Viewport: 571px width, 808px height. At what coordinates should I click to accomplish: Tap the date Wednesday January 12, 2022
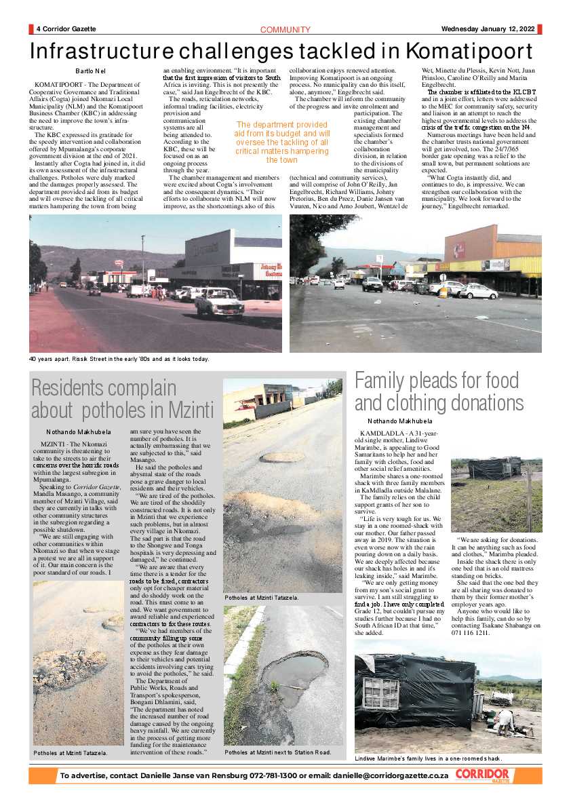tap(487, 29)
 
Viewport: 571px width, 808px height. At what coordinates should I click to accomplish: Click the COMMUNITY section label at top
tap(285, 30)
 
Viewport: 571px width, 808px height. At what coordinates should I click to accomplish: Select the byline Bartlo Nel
tap(90, 71)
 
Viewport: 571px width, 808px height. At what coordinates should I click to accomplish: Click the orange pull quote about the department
tap(281, 142)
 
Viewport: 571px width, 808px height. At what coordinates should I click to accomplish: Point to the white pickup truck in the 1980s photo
tap(218, 303)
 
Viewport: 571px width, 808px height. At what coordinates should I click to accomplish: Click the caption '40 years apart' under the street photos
tap(119, 359)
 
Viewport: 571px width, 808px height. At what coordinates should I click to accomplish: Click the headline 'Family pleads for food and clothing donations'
tap(439, 391)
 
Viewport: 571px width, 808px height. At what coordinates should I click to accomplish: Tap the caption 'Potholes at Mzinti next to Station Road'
tap(278, 752)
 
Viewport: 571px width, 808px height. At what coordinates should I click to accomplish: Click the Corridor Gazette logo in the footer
tap(482, 775)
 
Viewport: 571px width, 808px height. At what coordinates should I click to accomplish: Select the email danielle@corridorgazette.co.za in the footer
tap(382, 775)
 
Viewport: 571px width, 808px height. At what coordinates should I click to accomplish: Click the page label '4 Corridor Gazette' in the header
tap(66, 29)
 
